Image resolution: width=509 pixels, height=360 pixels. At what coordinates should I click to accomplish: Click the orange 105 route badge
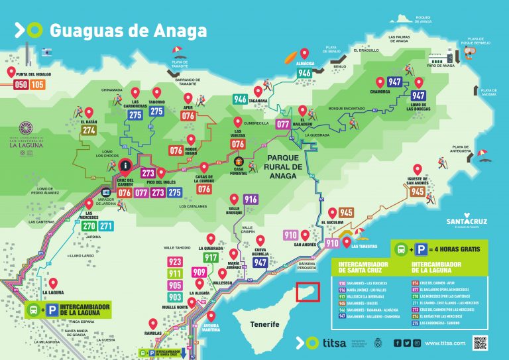37,84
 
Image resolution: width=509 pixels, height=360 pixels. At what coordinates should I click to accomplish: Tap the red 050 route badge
21,84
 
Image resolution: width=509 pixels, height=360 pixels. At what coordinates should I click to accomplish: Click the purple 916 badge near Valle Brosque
251,200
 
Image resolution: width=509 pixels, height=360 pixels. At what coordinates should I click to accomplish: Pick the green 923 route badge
175,262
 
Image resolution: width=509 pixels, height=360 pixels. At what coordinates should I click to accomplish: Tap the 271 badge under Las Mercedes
106,226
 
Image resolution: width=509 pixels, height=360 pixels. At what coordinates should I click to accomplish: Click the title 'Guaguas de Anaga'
128,30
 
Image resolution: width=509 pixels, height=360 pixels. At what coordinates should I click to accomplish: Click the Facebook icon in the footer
396,343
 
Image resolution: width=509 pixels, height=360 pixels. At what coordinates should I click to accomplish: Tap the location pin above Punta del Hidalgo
11,72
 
